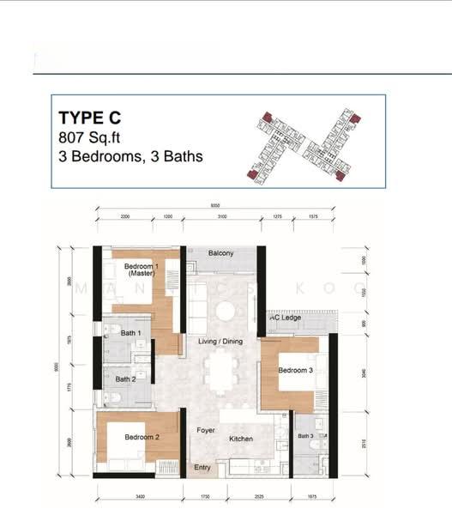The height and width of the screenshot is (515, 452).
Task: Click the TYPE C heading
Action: [x=92, y=118]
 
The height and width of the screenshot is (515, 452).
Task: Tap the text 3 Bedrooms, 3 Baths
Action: [x=130, y=156]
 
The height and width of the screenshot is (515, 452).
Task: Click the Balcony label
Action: [x=221, y=253]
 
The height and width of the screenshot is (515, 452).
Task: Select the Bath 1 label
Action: [x=130, y=332]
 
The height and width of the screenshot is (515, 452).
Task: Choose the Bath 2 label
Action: [x=125, y=379]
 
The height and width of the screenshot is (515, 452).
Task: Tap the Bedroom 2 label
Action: [x=142, y=437]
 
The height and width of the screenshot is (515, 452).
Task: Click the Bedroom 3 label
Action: [x=295, y=370]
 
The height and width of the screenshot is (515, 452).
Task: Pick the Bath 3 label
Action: [x=306, y=436]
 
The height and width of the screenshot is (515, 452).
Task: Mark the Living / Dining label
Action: [x=221, y=342]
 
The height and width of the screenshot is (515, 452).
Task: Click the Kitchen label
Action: [x=241, y=439]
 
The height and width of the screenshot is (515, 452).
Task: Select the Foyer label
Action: [x=206, y=430]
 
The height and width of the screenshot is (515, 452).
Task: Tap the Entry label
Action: [x=202, y=467]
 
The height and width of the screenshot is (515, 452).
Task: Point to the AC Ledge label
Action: [x=286, y=318]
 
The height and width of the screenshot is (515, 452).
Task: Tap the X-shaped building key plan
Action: [x=305, y=143]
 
